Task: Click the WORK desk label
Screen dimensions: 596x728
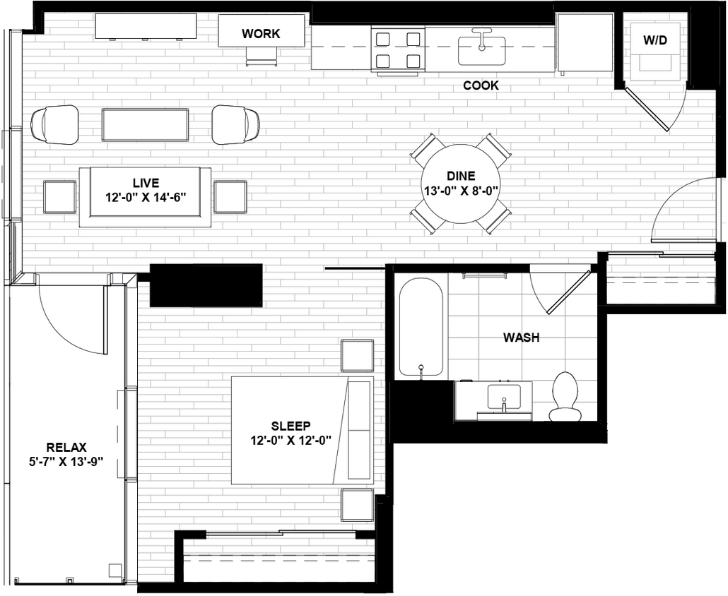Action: [x=261, y=33]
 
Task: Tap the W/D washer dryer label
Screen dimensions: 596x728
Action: [x=654, y=40]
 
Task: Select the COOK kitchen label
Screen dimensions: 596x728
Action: [x=481, y=85]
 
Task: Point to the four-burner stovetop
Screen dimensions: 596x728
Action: [x=397, y=49]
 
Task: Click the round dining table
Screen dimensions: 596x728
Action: [x=461, y=184]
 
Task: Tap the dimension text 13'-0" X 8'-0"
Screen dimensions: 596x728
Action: [x=461, y=190]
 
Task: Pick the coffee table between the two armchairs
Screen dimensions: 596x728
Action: [x=145, y=125]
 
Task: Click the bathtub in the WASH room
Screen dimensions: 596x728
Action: [x=421, y=326]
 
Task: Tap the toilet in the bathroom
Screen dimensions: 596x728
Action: [x=565, y=397]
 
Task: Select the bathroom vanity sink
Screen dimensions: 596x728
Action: [x=505, y=398]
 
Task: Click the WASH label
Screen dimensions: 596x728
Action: [x=521, y=338]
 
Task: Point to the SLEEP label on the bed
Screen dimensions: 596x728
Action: [x=290, y=426]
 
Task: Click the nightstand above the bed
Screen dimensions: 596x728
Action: [x=357, y=355]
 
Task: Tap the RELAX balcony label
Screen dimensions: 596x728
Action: [x=66, y=447]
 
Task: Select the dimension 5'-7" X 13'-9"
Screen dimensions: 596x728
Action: [x=66, y=460]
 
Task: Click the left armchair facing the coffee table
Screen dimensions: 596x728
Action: [x=55, y=124]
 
